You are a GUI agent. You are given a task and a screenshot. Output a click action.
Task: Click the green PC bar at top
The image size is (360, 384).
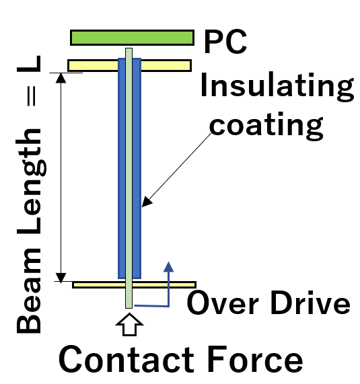pyautogui.click(x=132, y=38)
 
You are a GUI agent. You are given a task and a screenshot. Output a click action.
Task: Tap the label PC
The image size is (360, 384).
pyautogui.click(x=225, y=42)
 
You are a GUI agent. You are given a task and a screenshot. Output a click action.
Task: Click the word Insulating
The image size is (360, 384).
pyautogui.click(x=277, y=86)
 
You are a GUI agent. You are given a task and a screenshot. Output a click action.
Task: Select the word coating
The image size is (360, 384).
pyautogui.click(x=266, y=126)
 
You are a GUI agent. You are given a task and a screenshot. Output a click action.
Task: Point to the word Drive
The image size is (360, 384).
pyautogui.click(x=310, y=303)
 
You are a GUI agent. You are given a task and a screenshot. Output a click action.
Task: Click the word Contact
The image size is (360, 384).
pyautogui.click(x=127, y=359)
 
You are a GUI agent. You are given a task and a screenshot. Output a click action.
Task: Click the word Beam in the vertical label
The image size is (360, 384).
pyautogui.click(x=29, y=291)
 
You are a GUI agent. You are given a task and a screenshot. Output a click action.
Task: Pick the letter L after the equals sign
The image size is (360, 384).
pyautogui.click(x=29, y=64)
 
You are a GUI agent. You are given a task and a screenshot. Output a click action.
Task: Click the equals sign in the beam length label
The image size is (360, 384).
pyautogui.click(x=32, y=96)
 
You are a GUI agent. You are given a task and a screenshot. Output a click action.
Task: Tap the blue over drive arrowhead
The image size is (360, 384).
pyautogui.click(x=169, y=267)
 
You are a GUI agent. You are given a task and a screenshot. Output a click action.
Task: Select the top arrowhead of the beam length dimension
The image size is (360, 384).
pyautogui.click(x=61, y=78)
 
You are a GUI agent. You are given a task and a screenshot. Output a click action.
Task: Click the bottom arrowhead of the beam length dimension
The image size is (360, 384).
pyautogui.click(x=61, y=278)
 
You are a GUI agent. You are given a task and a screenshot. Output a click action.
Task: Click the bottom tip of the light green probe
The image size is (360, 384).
pyautogui.click(x=129, y=308)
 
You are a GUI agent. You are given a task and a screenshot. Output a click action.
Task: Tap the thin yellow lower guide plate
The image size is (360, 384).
pyautogui.click(x=134, y=285)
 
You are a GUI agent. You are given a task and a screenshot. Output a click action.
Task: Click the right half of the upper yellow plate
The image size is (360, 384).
pyautogui.click(x=166, y=66)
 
